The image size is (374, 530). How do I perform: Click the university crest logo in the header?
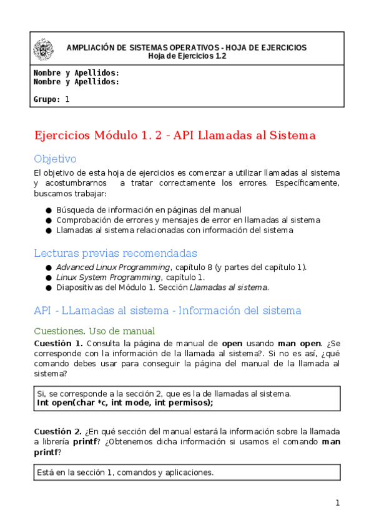pyautogui.click(x=44, y=51)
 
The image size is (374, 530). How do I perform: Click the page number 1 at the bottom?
pyautogui.click(x=337, y=503)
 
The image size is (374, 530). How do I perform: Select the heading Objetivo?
pyautogui.click(x=56, y=159)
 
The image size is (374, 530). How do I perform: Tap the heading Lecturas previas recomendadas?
pyautogui.click(x=116, y=253)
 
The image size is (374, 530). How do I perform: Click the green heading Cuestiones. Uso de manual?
pyautogui.click(x=94, y=331)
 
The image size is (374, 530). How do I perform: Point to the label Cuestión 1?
pyautogui.click(x=58, y=344)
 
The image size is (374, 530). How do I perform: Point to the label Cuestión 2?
pyautogui.click(x=58, y=432)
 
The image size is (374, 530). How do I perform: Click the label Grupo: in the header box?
pyautogui.click(x=47, y=99)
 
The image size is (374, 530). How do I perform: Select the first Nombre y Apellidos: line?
pyautogui.click(x=76, y=73)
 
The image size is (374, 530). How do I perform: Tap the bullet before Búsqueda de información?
pyautogui.click(x=49, y=211)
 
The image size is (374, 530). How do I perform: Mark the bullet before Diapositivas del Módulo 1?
pyautogui.click(x=49, y=287)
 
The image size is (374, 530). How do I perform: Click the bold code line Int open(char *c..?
pyautogui.click(x=125, y=403)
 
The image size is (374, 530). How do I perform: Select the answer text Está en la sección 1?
pyautogui.click(x=125, y=472)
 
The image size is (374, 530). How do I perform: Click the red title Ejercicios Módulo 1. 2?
pyautogui.click(x=175, y=135)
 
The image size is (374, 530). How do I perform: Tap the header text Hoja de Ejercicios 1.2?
pyautogui.click(x=187, y=56)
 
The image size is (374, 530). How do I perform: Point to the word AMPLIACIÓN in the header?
pyautogui.click(x=90, y=47)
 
